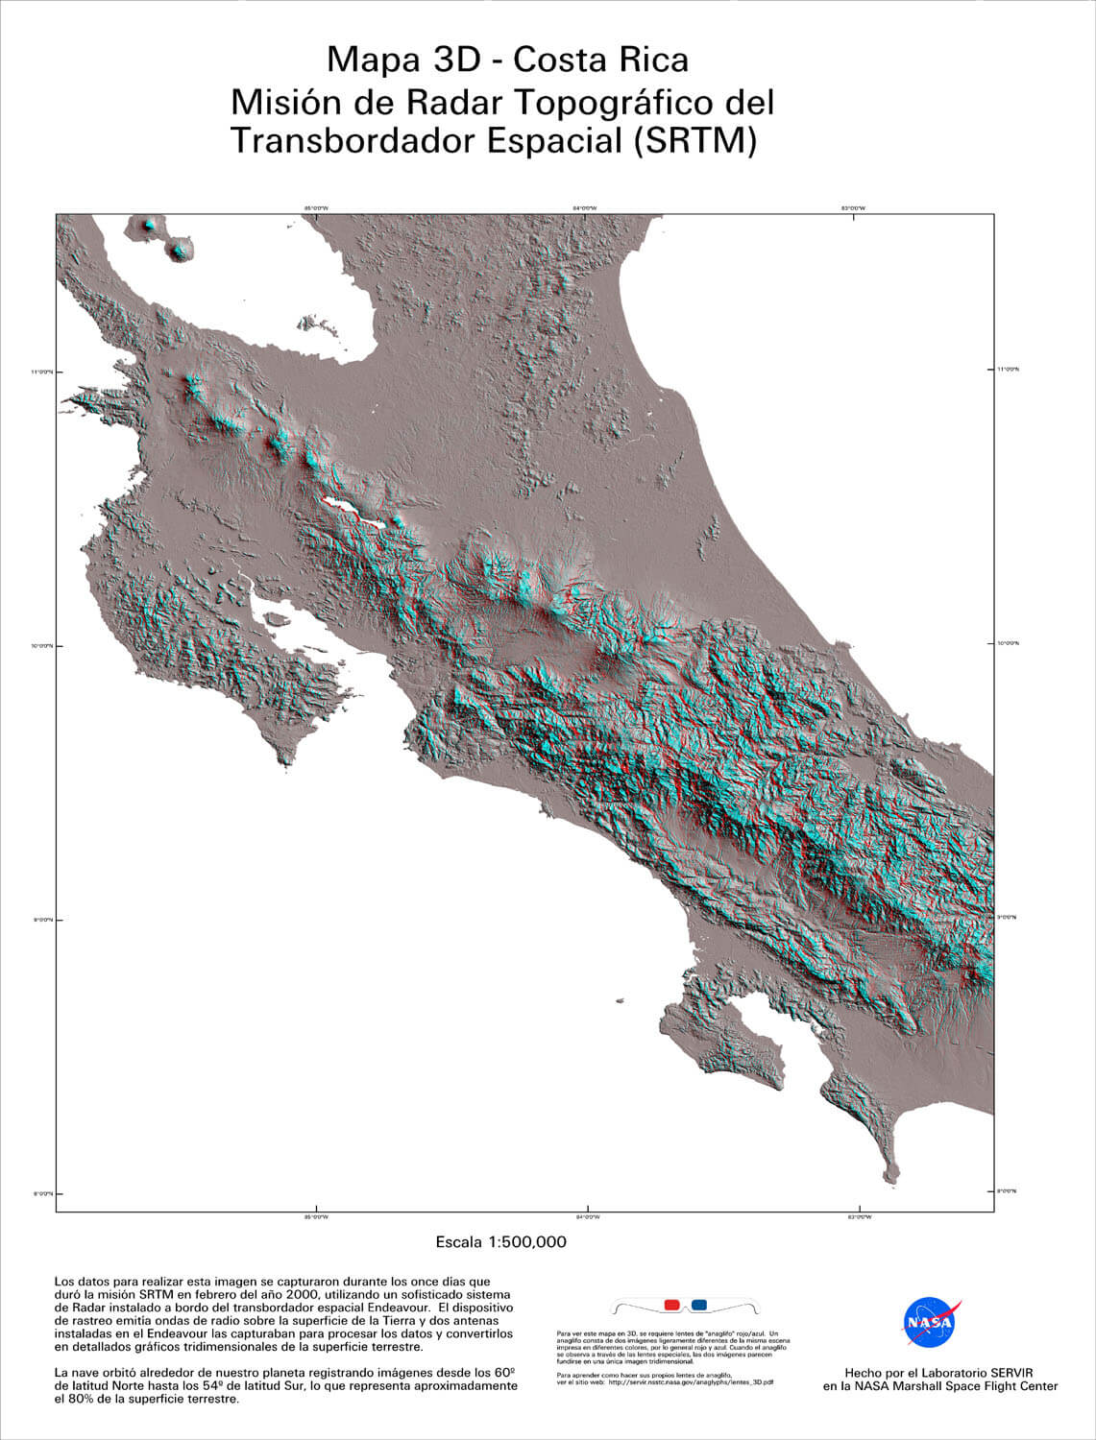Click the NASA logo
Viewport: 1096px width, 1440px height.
(x=929, y=1324)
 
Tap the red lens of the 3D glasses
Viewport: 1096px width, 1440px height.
(x=671, y=1306)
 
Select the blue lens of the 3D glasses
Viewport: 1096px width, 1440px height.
(x=698, y=1306)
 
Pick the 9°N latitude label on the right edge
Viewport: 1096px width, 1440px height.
(x=1008, y=917)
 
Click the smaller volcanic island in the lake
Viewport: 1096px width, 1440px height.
(x=147, y=227)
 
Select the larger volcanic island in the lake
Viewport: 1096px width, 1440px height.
(x=179, y=252)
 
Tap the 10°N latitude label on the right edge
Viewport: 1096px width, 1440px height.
(x=1008, y=642)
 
